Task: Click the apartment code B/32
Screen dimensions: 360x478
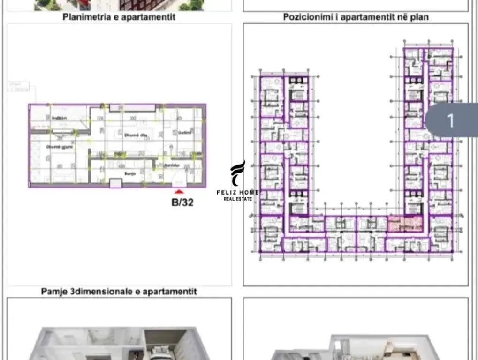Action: [182, 203]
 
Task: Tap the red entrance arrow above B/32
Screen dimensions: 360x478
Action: [178, 191]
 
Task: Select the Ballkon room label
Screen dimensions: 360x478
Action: [59, 118]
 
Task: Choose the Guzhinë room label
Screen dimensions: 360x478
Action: [183, 133]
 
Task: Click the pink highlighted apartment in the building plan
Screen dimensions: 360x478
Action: [405, 224]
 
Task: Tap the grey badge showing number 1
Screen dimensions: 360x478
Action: [450, 120]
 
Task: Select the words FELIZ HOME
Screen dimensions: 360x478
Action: [237, 192]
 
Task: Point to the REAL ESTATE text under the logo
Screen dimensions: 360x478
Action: [237, 199]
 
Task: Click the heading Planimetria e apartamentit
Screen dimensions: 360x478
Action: [119, 17]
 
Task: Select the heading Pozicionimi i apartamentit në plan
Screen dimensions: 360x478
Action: [356, 17]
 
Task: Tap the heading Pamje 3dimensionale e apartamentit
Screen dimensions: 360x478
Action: [119, 292]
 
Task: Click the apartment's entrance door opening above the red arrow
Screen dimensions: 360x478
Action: [178, 184]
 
